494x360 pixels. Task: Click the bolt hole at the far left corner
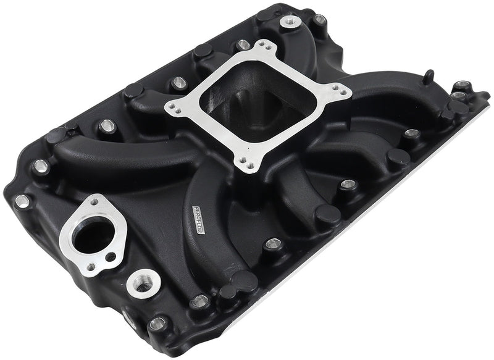tap(23, 199)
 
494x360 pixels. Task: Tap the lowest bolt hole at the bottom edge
tap(158, 323)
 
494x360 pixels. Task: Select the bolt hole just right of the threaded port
tap(199, 301)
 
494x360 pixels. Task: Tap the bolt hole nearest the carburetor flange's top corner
tap(244, 44)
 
